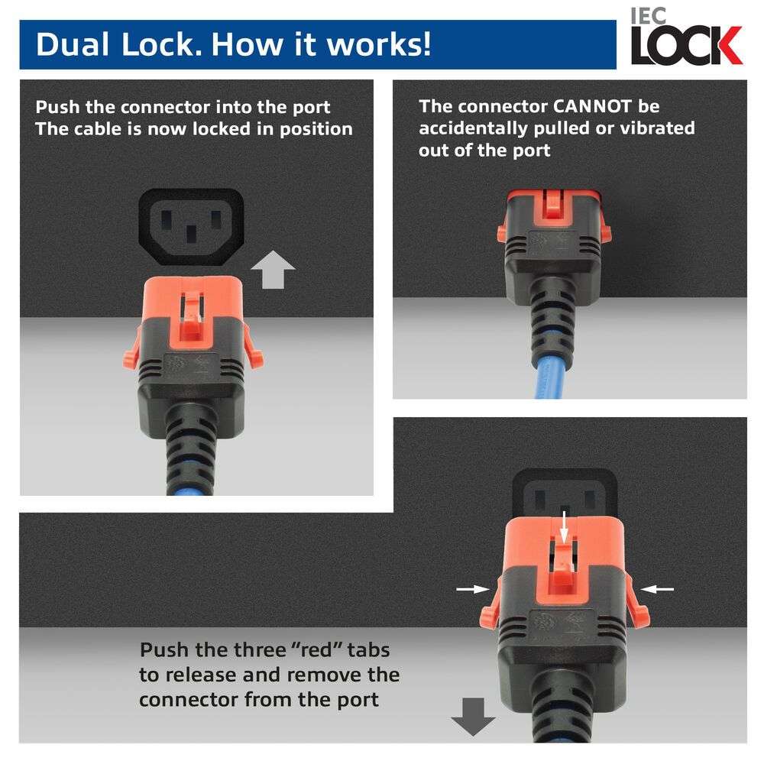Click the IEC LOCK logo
pyautogui.click(x=686, y=37)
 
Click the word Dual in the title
pyautogui.click(x=73, y=45)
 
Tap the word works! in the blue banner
pyautogui.click(x=379, y=45)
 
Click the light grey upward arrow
pyautogui.click(x=273, y=270)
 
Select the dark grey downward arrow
pyautogui.click(x=473, y=717)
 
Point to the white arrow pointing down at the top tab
pyautogui.click(x=564, y=527)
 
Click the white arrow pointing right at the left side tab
pyautogui.click(x=473, y=589)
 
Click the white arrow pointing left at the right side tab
pyautogui.click(x=657, y=589)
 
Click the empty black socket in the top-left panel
pyautogui.click(x=191, y=227)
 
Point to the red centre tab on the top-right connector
pyautogui.click(x=554, y=204)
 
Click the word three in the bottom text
pyautogui.click(x=257, y=650)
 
